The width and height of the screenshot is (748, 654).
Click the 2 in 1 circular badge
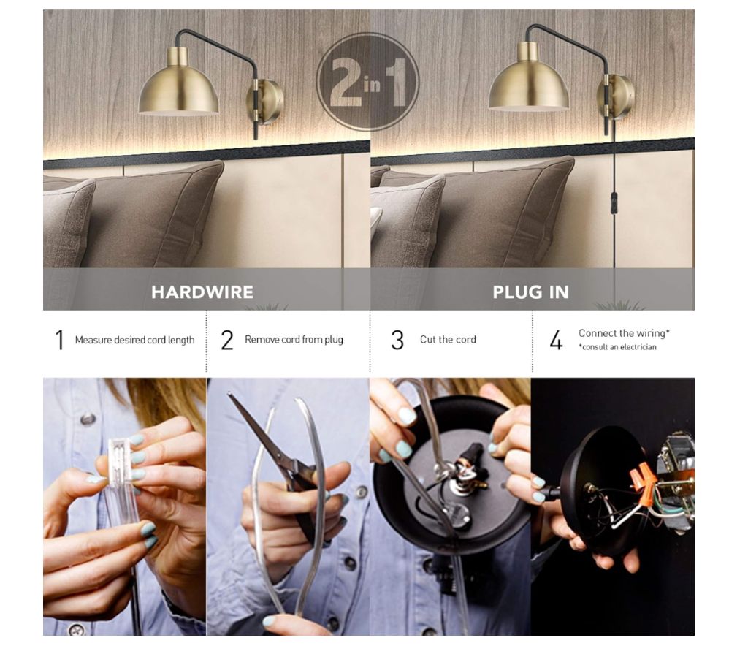[x=367, y=82]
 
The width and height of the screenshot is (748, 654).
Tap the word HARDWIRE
[x=202, y=292]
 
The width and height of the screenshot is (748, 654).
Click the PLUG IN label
[x=530, y=292]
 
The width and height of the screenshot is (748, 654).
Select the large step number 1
[x=59, y=340]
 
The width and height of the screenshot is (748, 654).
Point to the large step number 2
[x=227, y=340]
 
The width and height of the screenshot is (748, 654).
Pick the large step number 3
[x=397, y=340]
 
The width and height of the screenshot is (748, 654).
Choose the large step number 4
[x=556, y=340]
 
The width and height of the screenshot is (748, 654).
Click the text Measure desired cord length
[x=134, y=340]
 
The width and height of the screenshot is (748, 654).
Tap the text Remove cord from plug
[x=294, y=339]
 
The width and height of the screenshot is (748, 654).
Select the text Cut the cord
[x=448, y=339]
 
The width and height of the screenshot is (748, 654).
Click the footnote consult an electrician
[x=619, y=347]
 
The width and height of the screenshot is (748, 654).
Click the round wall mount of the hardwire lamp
[x=266, y=102]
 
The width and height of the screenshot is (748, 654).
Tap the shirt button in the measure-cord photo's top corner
[x=88, y=419]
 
